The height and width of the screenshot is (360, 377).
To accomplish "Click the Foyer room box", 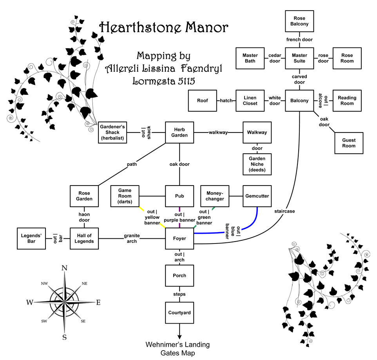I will click(x=179, y=238).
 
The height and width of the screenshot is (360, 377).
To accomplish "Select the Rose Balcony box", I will click(x=299, y=21).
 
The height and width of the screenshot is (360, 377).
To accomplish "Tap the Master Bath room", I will click(x=250, y=58).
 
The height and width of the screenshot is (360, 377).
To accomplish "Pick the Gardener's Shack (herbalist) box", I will click(x=112, y=132).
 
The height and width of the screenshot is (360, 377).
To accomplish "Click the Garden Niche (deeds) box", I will click(x=257, y=164).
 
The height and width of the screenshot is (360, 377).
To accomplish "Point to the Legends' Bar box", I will click(x=32, y=238).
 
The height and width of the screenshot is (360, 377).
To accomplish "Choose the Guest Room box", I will click(x=348, y=143).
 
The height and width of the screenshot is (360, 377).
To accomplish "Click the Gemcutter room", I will click(x=257, y=196).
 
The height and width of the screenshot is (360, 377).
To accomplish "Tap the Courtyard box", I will click(x=179, y=313).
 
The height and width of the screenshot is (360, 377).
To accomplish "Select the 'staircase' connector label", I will click(x=285, y=211).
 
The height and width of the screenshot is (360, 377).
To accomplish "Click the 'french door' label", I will click(x=299, y=40).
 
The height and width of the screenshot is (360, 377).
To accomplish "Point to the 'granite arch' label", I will click(x=132, y=238).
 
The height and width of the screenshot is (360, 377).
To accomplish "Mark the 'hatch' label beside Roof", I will click(x=226, y=100).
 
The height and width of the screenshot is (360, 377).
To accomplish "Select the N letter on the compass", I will click(x=65, y=268).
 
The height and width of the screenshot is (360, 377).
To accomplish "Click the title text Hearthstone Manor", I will click(x=163, y=28).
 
